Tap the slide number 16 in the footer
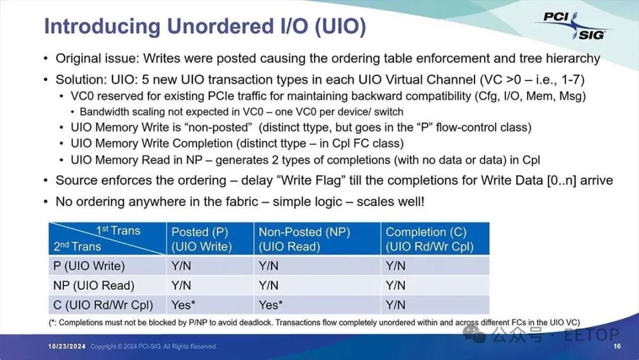[617, 346]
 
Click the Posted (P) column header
[200, 239]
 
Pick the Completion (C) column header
[430, 239]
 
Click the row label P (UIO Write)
[89, 266]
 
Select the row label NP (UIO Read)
[93, 285]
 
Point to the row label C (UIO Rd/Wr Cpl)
[103, 305]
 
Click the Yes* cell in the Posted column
[183, 305]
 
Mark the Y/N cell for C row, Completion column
[396, 305]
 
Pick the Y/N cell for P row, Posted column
[181, 266]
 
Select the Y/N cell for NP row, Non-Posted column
[269, 285]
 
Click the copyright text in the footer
[154, 346]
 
